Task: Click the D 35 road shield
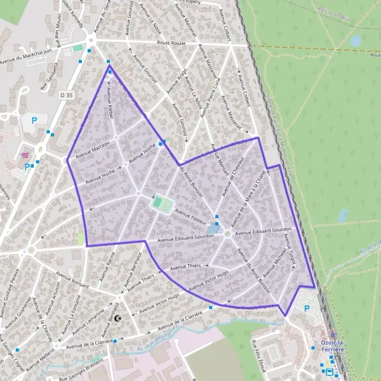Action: [66, 94]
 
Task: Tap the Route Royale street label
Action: [171, 44]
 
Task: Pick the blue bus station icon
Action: [328, 371]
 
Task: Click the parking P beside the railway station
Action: [307, 309]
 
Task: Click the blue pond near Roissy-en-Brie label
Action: [356, 41]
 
